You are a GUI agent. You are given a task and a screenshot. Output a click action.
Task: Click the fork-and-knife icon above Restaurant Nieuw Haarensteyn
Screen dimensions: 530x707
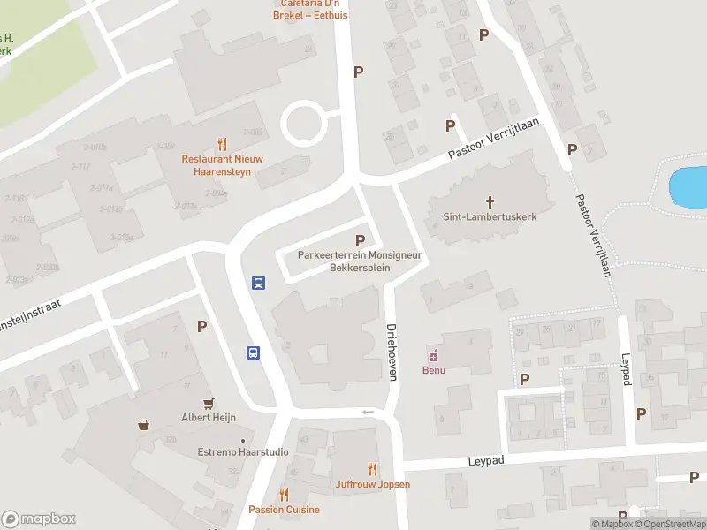[x=222, y=144]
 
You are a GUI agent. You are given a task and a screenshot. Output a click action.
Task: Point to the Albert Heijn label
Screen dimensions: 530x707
[x=209, y=417]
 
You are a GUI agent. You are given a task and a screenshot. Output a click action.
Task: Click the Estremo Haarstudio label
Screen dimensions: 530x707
[x=242, y=452]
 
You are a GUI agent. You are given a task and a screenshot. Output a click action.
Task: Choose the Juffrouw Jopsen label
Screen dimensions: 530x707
[x=372, y=484]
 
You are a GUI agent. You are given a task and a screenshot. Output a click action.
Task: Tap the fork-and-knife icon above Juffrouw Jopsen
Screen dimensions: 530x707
[x=372, y=470]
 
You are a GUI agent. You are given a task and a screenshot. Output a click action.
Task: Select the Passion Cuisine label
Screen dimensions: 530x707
[x=284, y=510]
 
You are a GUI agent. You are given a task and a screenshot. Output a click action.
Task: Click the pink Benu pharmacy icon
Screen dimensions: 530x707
[x=433, y=356]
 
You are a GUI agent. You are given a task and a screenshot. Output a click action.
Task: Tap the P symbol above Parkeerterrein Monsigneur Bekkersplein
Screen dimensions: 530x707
[x=360, y=240]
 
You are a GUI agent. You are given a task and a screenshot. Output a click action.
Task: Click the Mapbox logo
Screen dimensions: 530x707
[x=39, y=519]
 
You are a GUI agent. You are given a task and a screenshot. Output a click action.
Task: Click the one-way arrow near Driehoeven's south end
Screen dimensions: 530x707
[x=369, y=413]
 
